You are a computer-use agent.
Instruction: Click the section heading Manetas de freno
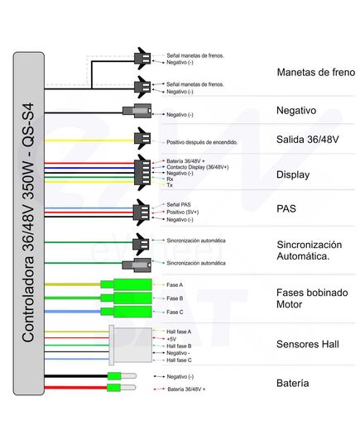pos(316,72)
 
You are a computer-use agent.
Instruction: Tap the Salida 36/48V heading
pos(307,139)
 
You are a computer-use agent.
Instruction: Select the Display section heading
pos(293,174)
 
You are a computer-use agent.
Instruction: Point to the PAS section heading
pos(286,208)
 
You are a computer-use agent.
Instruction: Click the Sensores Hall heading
pos(308,344)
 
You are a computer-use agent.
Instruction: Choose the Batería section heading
pos(292,383)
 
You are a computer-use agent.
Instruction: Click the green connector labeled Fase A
pos(126,284)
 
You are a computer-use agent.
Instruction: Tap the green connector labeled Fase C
pos(126,312)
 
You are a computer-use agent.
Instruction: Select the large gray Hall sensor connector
pos(131,345)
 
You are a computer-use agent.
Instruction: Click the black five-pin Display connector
pos(142,173)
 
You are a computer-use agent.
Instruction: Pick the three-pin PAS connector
pos(142,212)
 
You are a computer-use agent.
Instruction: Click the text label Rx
pos(170,179)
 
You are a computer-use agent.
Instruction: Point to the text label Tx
pos(170,185)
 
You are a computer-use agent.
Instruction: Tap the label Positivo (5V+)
pos(183,212)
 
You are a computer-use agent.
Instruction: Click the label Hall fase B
pos(179,346)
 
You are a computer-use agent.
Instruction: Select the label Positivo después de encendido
pos(202,142)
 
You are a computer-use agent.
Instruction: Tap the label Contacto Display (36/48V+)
pos(197,167)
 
